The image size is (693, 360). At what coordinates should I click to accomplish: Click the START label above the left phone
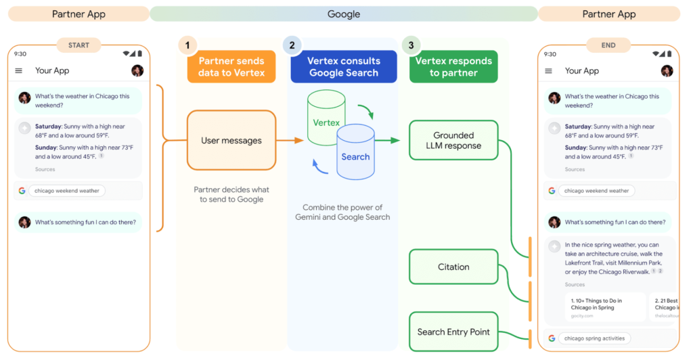(x=79, y=45)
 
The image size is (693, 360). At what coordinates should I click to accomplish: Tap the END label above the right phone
(x=608, y=45)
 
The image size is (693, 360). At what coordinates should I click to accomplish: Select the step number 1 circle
(x=187, y=45)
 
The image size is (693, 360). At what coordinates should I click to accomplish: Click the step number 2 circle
(x=292, y=45)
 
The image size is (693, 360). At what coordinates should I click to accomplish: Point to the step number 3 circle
(x=411, y=45)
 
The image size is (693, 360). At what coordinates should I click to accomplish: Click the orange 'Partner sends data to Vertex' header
(x=231, y=66)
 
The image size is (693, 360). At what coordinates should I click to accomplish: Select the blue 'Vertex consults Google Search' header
(x=344, y=66)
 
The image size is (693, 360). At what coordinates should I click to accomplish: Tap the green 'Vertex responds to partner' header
(x=453, y=66)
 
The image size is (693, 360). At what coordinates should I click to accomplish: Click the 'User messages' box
(x=231, y=141)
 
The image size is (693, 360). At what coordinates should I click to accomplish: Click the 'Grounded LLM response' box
(x=453, y=140)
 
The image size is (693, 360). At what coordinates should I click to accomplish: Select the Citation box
(x=453, y=267)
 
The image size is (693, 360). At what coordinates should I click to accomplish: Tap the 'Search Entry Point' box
(x=453, y=332)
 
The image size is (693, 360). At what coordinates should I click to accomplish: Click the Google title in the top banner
(x=344, y=14)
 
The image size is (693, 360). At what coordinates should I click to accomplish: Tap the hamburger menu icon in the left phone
(x=18, y=70)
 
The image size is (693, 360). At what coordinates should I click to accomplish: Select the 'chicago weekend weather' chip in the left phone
(x=66, y=191)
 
